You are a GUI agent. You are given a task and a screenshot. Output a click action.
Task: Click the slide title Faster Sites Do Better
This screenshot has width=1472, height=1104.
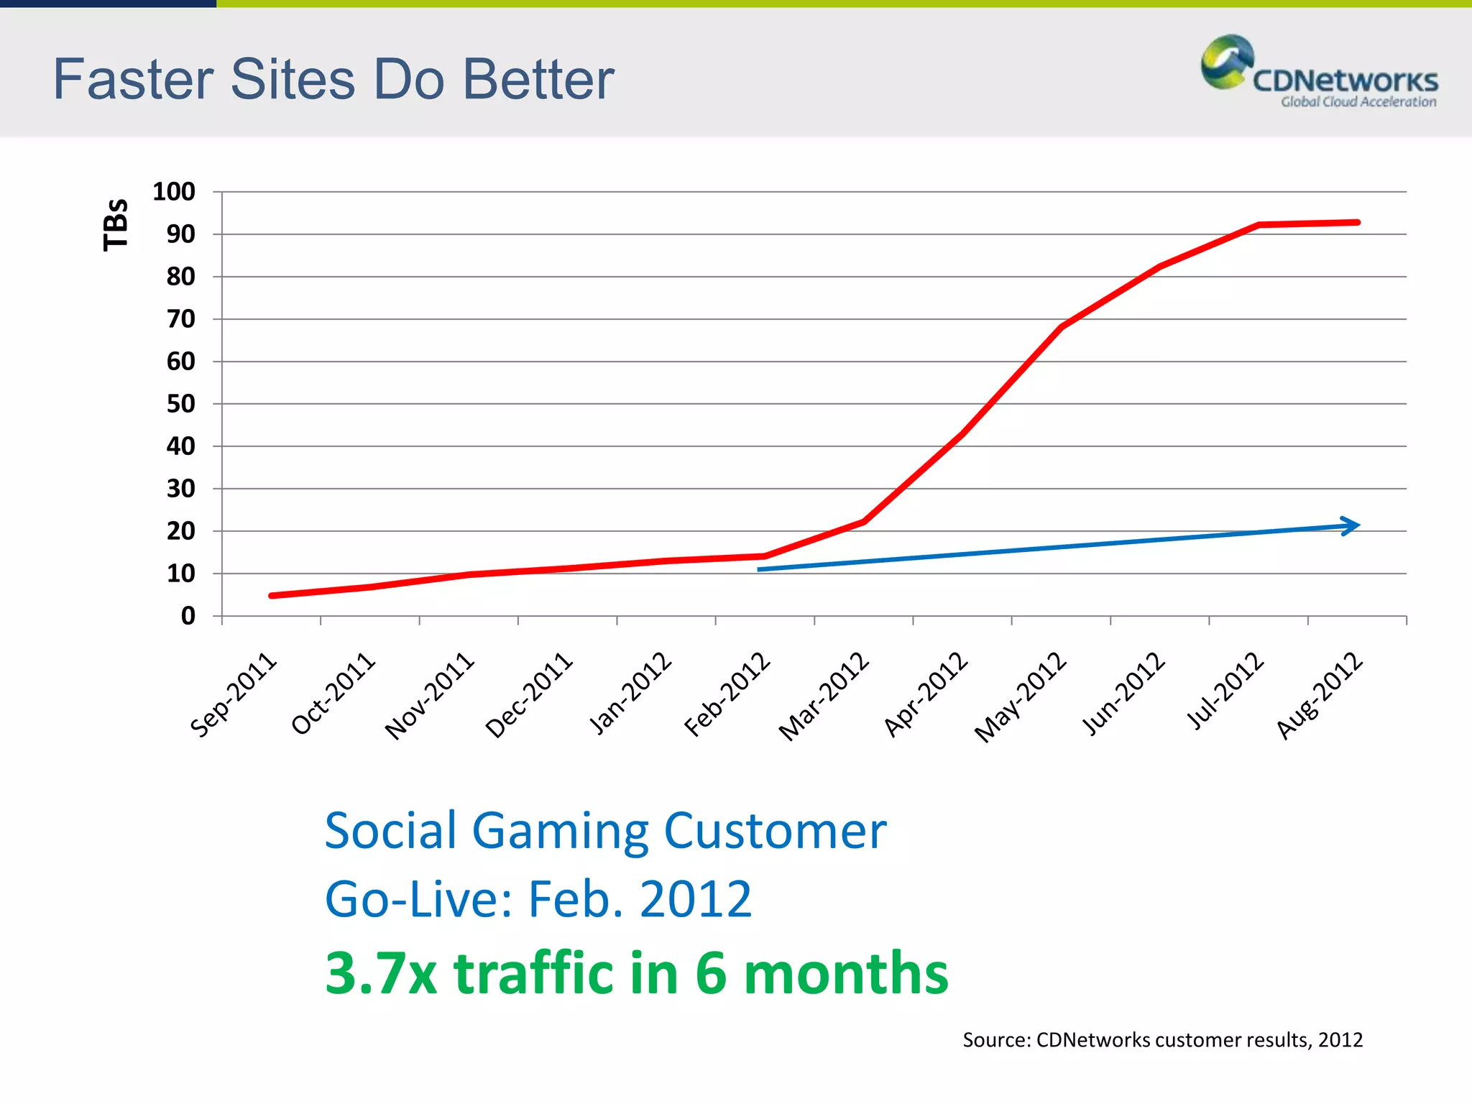coord(333,79)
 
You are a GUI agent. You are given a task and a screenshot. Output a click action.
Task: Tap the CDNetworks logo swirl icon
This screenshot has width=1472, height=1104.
coord(1226,63)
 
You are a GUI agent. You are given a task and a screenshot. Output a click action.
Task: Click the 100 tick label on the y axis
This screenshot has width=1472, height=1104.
coord(174,192)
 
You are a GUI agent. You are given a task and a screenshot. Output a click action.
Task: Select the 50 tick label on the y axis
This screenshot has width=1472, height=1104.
coord(181,404)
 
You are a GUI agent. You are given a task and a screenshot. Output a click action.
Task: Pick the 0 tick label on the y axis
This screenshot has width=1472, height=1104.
coord(188,616)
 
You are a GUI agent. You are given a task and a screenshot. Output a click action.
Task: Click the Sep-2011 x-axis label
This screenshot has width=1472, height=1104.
coord(234,695)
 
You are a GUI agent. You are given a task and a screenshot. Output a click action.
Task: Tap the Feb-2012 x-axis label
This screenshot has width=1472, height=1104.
coord(727,695)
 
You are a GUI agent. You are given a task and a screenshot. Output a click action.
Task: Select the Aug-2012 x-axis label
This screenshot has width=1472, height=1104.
coord(1320,696)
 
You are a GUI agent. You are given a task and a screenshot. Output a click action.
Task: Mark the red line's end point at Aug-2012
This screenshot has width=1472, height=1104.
coord(1357,223)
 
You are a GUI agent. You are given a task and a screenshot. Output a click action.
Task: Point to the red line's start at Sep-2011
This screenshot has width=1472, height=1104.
coord(272,596)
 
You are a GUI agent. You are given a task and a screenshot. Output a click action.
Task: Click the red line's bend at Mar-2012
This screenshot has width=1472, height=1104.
coord(863,522)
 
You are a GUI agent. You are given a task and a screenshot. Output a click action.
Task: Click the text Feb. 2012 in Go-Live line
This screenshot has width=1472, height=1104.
coord(640,899)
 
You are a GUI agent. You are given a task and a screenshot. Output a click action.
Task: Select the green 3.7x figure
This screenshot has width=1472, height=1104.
coord(381,973)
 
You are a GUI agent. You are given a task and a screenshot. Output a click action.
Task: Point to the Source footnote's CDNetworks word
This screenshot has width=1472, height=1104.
coord(1093,1040)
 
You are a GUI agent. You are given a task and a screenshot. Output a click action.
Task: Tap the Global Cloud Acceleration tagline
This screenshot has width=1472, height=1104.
coord(1358,102)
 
